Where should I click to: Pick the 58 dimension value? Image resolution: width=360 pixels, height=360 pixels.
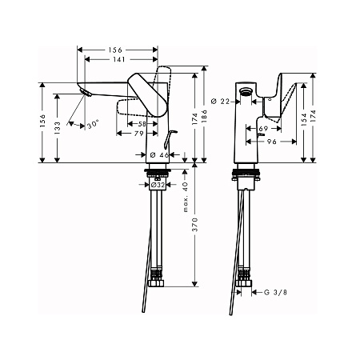coord(142,124)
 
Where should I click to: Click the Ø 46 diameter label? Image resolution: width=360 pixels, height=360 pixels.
coord(158,153)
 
